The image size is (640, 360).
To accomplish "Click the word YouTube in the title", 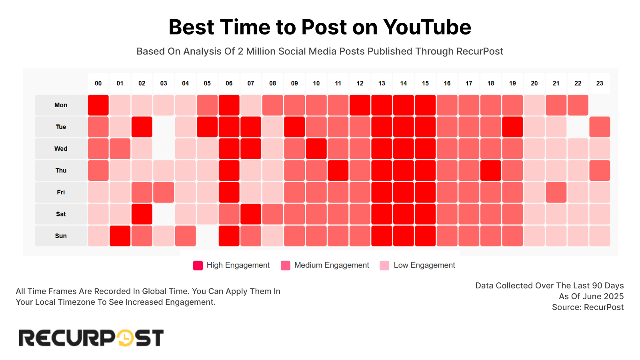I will point(427,27).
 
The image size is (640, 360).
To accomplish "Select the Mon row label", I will point(61,105).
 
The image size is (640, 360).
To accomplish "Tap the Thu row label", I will point(61,170).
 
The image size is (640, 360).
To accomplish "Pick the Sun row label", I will point(61,236).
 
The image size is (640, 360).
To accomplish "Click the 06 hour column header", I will point(229,83).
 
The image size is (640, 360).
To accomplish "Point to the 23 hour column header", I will point(600,83).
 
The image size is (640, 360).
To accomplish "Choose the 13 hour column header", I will point(382,83).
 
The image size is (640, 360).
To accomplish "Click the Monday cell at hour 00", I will point(98,105).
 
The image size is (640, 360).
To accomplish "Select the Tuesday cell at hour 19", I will point(512,127).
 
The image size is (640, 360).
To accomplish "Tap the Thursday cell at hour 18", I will point(491,170).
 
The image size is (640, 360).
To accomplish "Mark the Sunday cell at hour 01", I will point(120,236).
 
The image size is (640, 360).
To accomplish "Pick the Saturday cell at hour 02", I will point(142,214).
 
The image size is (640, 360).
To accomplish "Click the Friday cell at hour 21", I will point(556,192).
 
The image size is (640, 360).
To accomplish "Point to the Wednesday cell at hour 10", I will point(316,149).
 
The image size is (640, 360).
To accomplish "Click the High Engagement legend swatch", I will point(198,266).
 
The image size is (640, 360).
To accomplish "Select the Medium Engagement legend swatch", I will point(286,266).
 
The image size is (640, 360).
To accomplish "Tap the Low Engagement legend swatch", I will point(384,266).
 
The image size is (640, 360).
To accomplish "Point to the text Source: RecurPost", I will point(588,307).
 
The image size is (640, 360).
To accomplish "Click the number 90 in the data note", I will point(597,286).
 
